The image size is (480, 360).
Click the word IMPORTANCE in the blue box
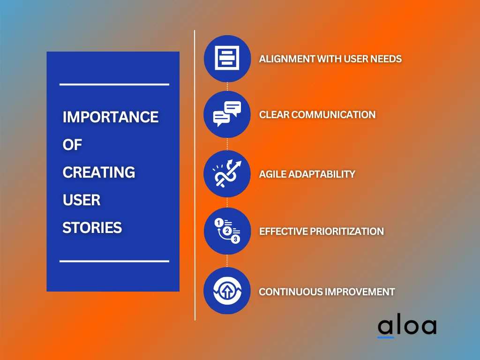[x=111, y=117]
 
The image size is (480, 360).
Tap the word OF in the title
[x=72, y=145]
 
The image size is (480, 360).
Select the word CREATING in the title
[x=99, y=172]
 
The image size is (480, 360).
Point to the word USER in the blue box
[x=82, y=200]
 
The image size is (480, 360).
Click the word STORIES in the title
[x=92, y=228]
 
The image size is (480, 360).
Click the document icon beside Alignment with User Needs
[x=227, y=59]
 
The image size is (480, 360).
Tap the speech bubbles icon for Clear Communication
[x=227, y=114]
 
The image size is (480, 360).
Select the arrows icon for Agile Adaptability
[x=227, y=174]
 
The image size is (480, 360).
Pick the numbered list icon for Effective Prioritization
[x=227, y=231]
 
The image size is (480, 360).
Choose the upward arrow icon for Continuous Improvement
[x=227, y=291]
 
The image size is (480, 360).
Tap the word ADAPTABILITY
[x=322, y=174]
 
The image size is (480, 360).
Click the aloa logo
[x=407, y=327]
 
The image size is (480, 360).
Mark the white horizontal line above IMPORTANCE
[x=114, y=84]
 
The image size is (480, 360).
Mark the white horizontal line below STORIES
[x=114, y=261]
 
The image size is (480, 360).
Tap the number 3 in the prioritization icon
[x=235, y=239]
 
